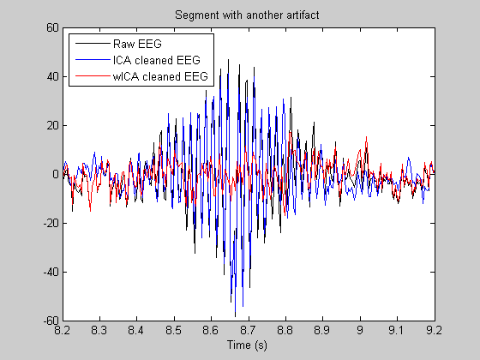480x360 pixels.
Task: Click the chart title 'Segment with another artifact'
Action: coord(247,15)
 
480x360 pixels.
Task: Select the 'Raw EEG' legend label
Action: coord(137,44)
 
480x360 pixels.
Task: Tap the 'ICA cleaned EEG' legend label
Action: coord(156,60)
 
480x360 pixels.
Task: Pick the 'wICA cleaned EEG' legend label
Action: coord(160,76)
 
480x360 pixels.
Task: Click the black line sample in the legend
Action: coord(93,44)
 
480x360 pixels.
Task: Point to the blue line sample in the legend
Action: coord(93,60)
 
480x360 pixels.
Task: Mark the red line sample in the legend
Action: coord(93,76)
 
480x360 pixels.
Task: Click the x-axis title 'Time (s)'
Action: coord(247,345)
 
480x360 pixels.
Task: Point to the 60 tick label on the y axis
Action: coord(52,27)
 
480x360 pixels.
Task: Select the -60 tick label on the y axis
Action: coord(51,321)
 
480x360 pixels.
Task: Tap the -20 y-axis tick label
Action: coord(51,223)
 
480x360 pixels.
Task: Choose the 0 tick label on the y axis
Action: coord(56,174)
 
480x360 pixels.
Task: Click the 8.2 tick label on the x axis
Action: coord(63,331)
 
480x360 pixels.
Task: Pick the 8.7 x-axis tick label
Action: coord(249,331)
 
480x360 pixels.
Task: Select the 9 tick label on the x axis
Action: coord(360,331)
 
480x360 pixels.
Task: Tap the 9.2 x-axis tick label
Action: coord(435,331)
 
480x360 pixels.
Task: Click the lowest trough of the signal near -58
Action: coord(235,316)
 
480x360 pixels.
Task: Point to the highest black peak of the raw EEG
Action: coord(228,60)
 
